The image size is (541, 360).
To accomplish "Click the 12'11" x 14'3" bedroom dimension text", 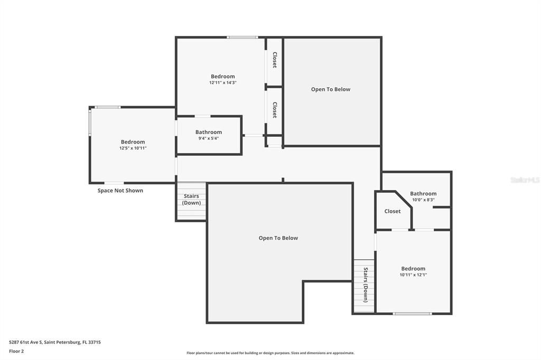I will pyautogui.click(x=222, y=83).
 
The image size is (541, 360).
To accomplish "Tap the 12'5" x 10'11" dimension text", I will pyautogui.click(x=133, y=148).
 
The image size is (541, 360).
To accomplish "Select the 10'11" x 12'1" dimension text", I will pyautogui.click(x=413, y=275).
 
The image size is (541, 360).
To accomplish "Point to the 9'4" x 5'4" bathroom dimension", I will pyautogui.click(x=208, y=138).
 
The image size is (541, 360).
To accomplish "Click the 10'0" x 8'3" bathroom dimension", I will pyautogui.click(x=423, y=200).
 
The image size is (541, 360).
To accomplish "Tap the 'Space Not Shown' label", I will pyautogui.click(x=120, y=191).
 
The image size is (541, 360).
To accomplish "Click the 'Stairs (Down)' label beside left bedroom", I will pyautogui.click(x=191, y=200).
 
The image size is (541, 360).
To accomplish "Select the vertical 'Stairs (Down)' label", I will pyautogui.click(x=366, y=285).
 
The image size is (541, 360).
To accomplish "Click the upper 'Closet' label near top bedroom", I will pyautogui.click(x=275, y=60).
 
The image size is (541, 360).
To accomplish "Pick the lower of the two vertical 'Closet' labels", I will pyautogui.click(x=275, y=110).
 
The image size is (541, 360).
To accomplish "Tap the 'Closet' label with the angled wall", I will pyautogui.click(x=392, y=211).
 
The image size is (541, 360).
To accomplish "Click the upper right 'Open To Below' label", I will pyautogui.click(x=330, y=89).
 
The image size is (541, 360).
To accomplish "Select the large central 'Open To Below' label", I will pyautogui.click(x=278, y=238).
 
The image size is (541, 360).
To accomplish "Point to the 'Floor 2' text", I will pyautogui.click(x=17, y=351).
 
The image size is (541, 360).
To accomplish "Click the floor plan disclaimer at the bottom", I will pyautogui.click(x=270, y=353).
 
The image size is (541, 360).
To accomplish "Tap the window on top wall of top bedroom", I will pyautogui.click(x=242, y=37).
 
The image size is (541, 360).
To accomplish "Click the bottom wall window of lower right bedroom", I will pyautogui.click(x=412, y=314).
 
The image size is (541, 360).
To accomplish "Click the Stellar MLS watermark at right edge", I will pyautogui.click(x=525, y=180).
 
